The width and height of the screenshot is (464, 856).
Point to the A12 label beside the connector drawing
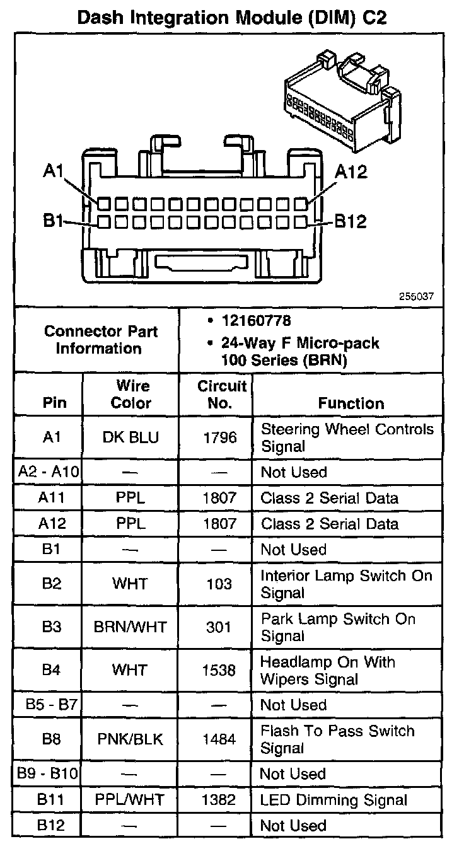click(x=351, y=171)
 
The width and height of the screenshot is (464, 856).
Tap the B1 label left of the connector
click(x=53, y=221)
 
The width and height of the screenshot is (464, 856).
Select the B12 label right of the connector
click(x=350, y=221)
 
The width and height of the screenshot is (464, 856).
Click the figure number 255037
click(x=416, y=296)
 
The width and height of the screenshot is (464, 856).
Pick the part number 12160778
click(x=256, y=321)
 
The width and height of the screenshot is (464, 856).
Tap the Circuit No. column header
click(x=219, y=395)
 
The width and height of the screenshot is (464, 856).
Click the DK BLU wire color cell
click(x=130, y=437)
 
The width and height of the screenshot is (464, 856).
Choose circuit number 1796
click(x=219, y=437)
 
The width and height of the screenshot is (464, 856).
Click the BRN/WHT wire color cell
click(x=130, y=627)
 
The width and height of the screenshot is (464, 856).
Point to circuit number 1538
click(x=219, y=670)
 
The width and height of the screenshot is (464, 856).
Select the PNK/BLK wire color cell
click(x=130, y=739)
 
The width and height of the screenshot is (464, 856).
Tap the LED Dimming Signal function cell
click(x=333, y=800)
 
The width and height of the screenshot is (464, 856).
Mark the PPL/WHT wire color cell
click(x=130, y=800)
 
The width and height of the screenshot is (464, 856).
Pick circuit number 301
click(x=219, y=627)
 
